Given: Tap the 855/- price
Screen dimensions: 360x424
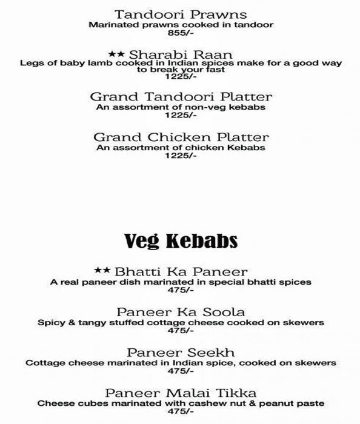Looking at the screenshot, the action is pos(180,35).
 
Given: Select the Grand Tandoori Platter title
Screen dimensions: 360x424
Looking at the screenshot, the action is pos(180,97).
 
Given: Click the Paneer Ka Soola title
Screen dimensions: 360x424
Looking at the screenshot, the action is pos(180,312).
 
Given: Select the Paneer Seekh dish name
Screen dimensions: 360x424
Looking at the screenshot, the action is pos(180,353).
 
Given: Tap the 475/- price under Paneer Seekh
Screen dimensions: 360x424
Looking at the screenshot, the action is pos(180,371).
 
